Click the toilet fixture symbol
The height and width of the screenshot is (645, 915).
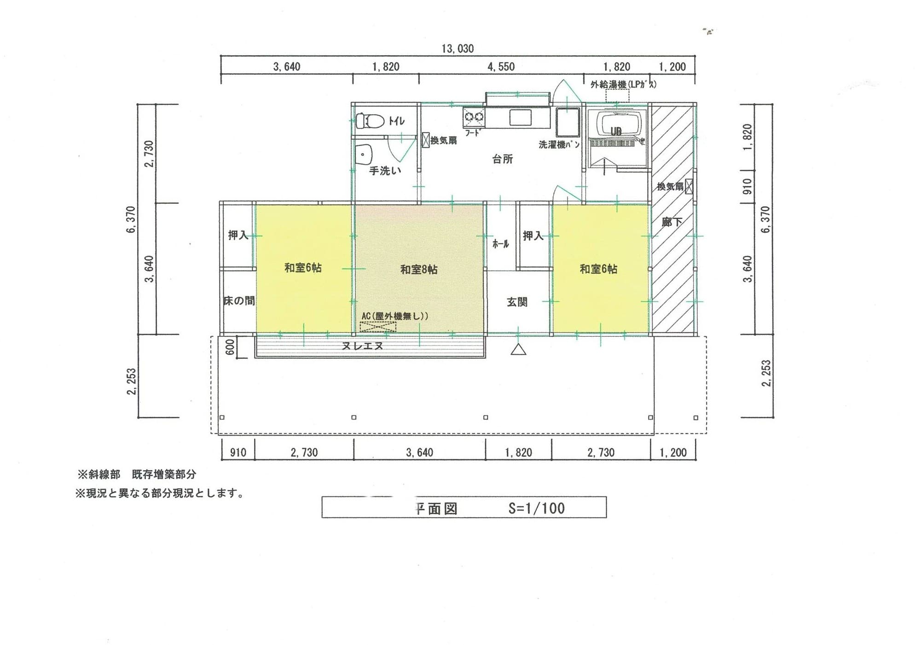pyautogui.click(x=371, y=121)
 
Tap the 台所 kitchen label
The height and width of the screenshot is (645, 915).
pyautogui.click(x=502, y=159)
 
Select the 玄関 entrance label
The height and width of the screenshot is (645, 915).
pyautogui.click(x=517, y=302)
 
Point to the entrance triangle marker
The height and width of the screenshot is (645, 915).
pyautogui.click(x=519, y=350)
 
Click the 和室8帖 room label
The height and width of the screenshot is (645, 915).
pyautogui.click(x=418, y=270)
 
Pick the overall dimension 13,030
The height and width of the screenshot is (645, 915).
pyautogui.click(x=457, y=49)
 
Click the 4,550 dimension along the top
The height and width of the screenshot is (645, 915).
pyautogui.click(x=501, y=67)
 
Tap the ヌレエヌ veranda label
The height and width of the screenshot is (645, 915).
pyautogui.click(x=363, y=346)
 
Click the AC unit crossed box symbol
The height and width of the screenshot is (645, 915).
pyautogui.click(x=378, y=327)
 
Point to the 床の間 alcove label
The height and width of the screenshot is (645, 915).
pyautogui.click(x=239, y=301)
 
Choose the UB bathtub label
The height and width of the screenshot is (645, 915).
pyautogui.click(x=616, y=132)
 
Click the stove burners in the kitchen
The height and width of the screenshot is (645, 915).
pyautogui.click(x=474, y=117)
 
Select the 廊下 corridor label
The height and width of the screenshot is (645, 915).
pyautogui.click(x=672, y=222)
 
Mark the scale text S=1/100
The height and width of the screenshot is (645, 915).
pyautogui.click(x=536, y=508)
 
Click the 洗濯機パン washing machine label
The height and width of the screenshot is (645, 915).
pyautogui.click(x=559, y=144)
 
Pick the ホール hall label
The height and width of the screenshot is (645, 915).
pyautogui.click(x=500, y=244)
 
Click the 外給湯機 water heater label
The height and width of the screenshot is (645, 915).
pyautogui.click(x=623, y=85)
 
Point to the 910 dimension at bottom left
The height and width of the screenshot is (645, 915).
pyautogui.click(x=238, y=452)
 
